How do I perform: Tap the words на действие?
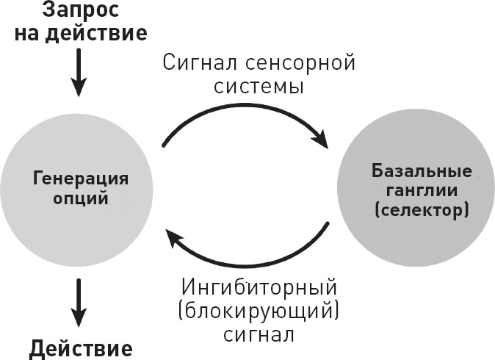pyautogui.click(x=81, y=34)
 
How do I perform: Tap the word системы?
pyautogui.click(x=259, y=87)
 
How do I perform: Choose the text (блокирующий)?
pyautogui.click(x=259, y=310)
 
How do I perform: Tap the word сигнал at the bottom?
pyautogui.click(x=259, y=335)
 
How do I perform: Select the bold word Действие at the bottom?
pyautogui.click(x=81, y=348)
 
